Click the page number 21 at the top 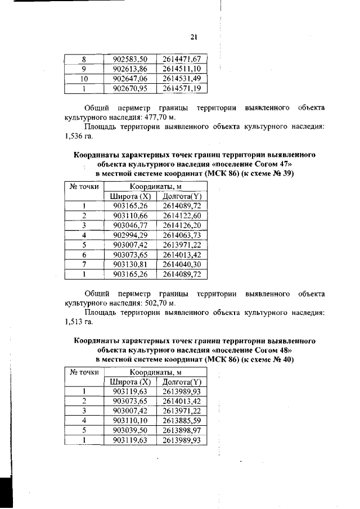[x=193, y=37]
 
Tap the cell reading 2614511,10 [x=182, y=69]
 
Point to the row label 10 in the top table [x=83, y=79]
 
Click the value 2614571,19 [x=182, y=89]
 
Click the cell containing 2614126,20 [x=182, y=226]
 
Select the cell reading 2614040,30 [x=182, y=265]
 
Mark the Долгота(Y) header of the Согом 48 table [x=182, y=382]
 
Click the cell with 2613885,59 [x=182, y=421]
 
